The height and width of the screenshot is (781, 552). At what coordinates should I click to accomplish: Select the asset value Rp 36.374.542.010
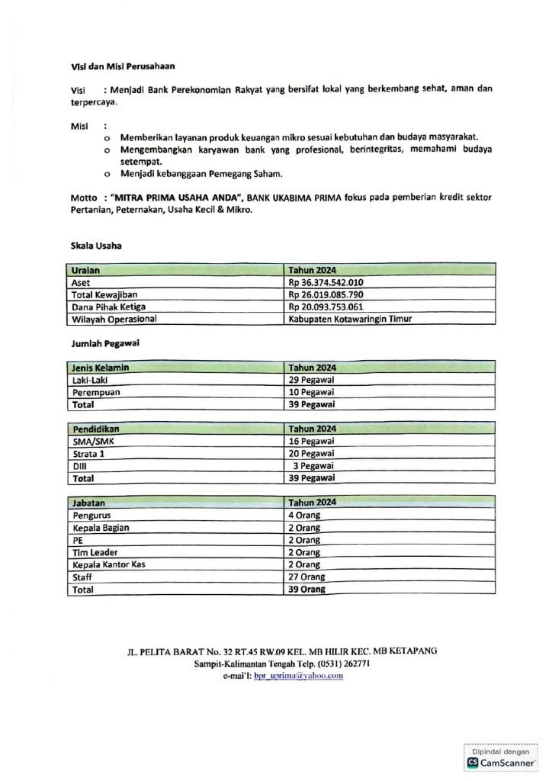(x=326, y=282)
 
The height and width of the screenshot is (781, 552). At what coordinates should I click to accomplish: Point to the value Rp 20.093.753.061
(x=326, y=307)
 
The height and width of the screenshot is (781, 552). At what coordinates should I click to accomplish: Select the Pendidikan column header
(x=96, y=429)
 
